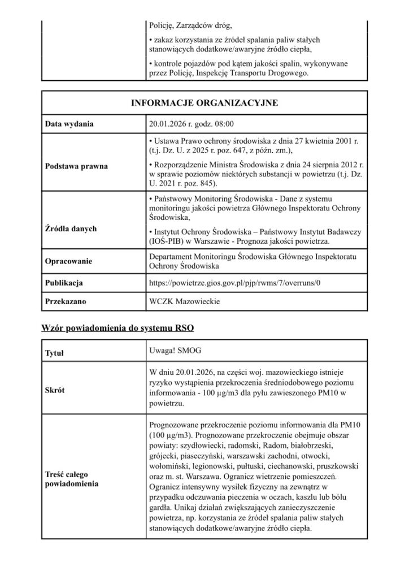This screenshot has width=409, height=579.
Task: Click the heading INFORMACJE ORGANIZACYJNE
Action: [204, 103]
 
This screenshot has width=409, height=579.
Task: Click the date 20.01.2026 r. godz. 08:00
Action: [191, 123]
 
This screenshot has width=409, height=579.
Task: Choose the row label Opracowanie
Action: [69, 261]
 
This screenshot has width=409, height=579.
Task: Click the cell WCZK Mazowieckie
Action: [184, 302]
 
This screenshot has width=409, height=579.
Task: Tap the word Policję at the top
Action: [162, 25]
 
